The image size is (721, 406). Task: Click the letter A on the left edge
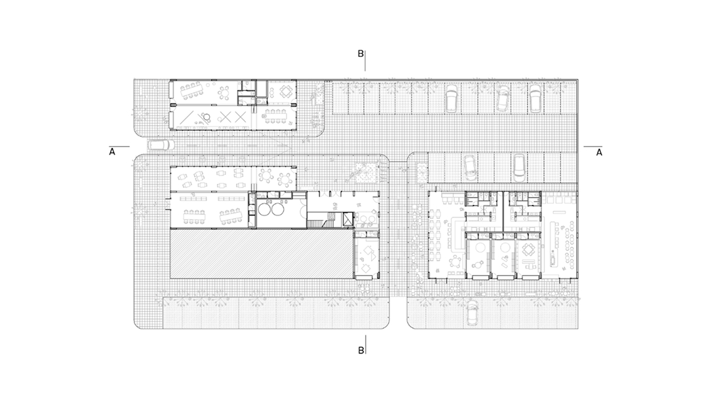111,152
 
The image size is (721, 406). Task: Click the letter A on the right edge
598,152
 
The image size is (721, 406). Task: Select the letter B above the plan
360,54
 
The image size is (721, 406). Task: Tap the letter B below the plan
361,350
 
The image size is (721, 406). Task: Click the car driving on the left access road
159,145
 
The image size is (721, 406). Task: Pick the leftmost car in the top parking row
451,98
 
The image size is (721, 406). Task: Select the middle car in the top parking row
502,99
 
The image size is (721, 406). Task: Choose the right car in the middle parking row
518,166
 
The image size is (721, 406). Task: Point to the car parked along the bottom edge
471,312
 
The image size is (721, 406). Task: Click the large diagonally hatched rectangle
262,254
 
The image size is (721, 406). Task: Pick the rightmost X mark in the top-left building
239,117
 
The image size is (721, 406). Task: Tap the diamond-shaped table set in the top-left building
286,92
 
